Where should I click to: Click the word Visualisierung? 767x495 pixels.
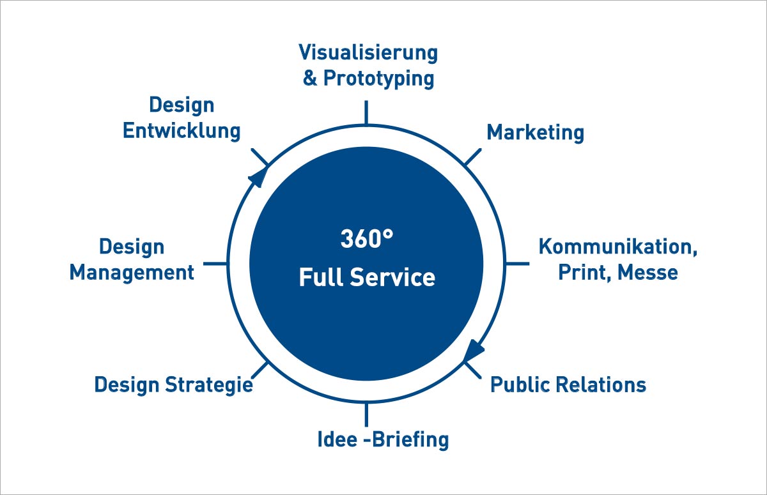pos(368,53)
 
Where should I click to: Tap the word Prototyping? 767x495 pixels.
pos(379,79)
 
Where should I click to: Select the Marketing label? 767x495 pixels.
pos(536,132)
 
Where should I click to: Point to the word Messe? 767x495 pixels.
pos(648,272)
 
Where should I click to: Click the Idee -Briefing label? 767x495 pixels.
pos(383,439)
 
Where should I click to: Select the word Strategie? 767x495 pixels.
pos(209,385)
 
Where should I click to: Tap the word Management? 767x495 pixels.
pos(132,273)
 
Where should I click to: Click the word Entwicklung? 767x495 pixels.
pos(182,131)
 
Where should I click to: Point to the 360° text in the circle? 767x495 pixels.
pos(367,238)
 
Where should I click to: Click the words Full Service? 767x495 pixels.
pos(367,277)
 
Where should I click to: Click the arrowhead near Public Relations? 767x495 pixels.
pos(474,350)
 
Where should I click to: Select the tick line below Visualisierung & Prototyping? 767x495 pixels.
pos(366,112)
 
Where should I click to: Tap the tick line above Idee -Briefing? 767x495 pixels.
pos(366,415)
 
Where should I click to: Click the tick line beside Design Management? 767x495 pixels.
pos(215,263)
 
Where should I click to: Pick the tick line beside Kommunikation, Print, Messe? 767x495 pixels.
pos(517,263)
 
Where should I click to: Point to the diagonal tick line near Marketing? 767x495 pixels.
pos(472,156)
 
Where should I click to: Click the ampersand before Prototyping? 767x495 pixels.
pos(310,78)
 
